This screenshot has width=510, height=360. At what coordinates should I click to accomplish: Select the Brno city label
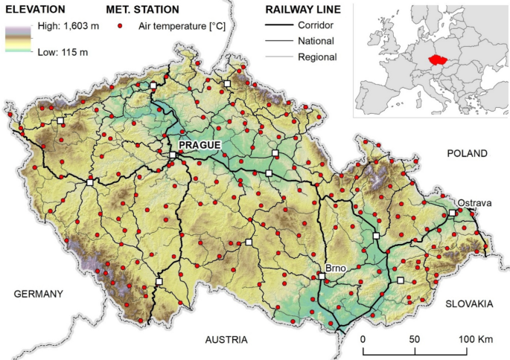coord(337,266)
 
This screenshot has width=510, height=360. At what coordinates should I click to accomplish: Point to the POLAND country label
coord(467,153)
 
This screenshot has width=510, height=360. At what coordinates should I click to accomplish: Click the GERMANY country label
coord(39,294)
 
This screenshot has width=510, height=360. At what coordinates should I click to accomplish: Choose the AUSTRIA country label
coord(226,339)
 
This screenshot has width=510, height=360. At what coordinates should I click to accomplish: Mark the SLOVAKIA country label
coord(469,303)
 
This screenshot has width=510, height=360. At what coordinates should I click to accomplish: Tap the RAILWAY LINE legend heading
coord(303,10)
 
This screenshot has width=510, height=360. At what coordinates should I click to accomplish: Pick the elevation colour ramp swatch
coord(18,39)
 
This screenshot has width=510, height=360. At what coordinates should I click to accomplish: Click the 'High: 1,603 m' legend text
coord(66,26)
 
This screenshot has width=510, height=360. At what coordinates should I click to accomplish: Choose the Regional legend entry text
coord(316,57)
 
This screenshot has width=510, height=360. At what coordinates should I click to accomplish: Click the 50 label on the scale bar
coord(415,339)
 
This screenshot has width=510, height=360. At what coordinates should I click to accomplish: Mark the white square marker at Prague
coord(173,155)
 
